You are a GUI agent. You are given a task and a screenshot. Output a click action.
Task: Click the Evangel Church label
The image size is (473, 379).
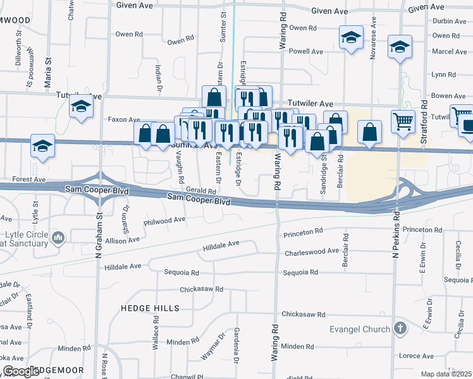(360, 329)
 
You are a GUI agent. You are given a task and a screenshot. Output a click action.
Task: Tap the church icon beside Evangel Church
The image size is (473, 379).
(400, 328)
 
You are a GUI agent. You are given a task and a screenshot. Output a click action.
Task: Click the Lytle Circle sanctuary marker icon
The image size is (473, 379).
(58, 238)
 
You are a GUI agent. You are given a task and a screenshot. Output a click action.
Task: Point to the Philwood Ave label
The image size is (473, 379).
(164, 220)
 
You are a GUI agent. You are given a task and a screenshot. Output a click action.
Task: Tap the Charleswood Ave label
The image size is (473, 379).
(312, 251)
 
